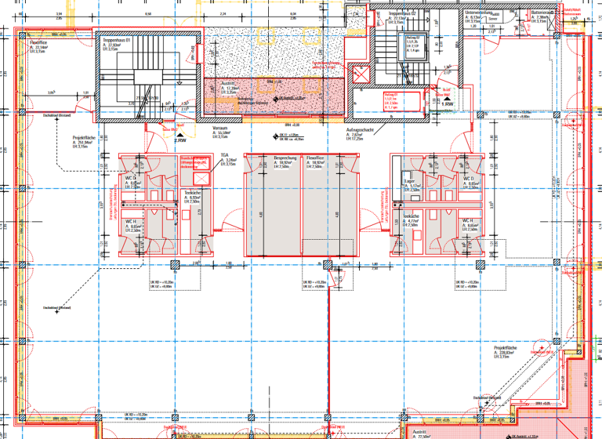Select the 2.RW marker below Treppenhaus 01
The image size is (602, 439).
[180, 140]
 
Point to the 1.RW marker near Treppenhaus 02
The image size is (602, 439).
[448, 103]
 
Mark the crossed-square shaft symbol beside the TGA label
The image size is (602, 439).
[199, 162]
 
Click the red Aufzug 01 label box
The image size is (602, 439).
[391, 98]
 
